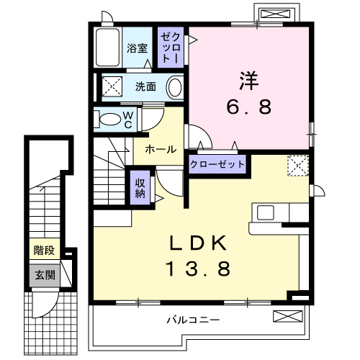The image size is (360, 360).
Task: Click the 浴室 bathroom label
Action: [138, 49]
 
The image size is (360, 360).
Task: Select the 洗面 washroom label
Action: [145, 86]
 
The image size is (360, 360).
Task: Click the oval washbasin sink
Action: [175, 87]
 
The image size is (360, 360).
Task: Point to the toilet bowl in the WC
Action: [110, 119]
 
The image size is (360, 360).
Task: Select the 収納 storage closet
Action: [140, 187]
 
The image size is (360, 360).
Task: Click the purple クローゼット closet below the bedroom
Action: [217, 165]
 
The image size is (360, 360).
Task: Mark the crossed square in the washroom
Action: [112, 86]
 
